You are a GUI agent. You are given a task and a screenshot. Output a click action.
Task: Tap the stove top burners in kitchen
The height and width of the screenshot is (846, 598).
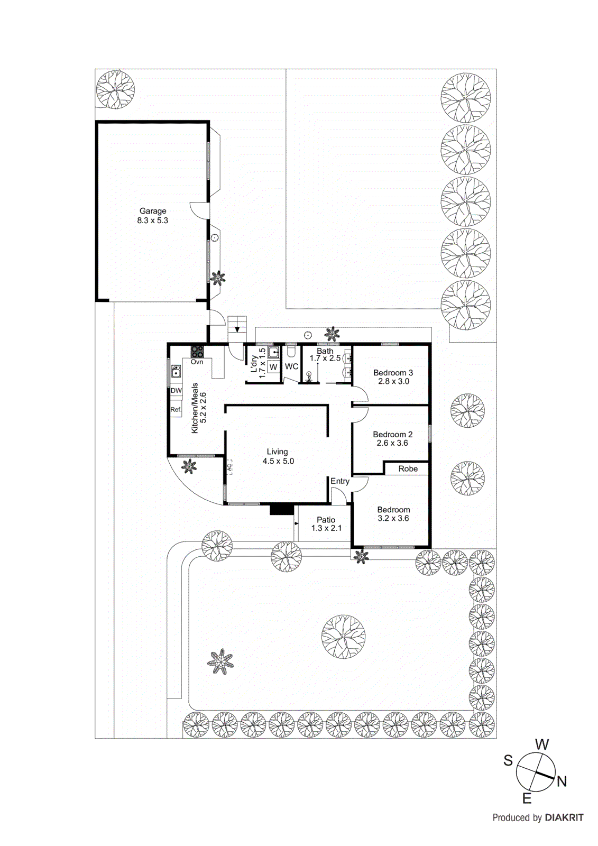[197, 352]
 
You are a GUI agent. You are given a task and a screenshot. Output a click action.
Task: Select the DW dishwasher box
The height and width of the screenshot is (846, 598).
[176, 390]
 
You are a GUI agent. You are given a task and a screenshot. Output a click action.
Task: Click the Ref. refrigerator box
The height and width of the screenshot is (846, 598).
[176, 409]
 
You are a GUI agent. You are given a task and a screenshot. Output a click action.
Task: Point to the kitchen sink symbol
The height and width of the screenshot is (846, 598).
[176, 371]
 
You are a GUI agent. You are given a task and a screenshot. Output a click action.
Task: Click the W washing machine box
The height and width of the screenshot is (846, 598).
[273, 367]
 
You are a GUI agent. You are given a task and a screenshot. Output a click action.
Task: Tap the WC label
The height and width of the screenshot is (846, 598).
[291, 366]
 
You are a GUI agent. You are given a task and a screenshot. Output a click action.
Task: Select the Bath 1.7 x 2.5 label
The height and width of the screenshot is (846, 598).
[325, 355]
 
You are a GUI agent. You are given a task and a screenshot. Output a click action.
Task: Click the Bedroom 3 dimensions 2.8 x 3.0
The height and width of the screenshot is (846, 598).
[393, 381]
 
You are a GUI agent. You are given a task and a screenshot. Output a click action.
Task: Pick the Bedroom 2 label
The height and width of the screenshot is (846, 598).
[392, 435]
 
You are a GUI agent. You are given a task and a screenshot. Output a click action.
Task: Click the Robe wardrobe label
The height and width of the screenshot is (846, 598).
[408, 469]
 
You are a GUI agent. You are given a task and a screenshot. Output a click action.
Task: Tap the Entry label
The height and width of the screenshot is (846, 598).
[340, 481]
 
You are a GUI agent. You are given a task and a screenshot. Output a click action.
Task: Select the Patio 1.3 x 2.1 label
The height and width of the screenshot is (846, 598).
[326, 524]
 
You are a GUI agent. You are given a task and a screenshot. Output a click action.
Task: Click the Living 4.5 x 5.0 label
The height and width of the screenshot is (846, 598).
[278, 456]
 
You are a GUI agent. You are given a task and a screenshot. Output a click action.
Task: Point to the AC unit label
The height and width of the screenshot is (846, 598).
[229, 467]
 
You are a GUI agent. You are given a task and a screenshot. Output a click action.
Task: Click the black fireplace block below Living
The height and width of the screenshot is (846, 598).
[282, 509]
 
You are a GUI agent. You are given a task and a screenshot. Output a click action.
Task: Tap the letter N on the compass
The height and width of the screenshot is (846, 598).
[562, 781]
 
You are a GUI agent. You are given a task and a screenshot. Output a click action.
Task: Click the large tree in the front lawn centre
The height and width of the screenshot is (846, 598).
[343, 637]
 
